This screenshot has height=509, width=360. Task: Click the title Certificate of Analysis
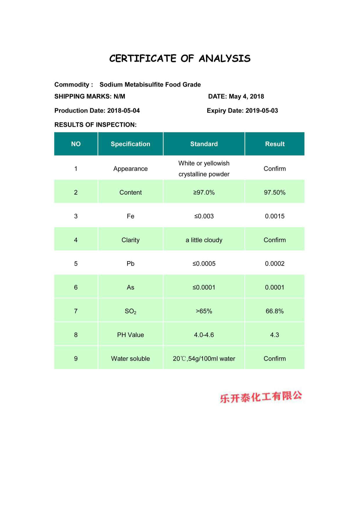[x=180, y=58]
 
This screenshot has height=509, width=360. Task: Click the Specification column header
[x=130, y=144]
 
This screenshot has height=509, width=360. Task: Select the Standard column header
[x=204, y=144]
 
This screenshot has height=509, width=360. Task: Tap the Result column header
[x=275, y=144]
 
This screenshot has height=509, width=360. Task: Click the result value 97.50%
[x=275, y=192]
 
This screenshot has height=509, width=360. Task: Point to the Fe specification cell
[x=130, y=216]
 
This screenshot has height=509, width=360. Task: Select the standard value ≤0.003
[x=204, y=216]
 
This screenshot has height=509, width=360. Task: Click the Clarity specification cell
[x=130, y=240]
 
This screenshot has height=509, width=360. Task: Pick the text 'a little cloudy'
[x=204, y=240]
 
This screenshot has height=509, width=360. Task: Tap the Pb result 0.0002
[x=275, y=263]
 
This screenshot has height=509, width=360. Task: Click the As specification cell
[x=130, y=287]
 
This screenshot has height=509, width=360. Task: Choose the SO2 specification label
[x=130, y=311]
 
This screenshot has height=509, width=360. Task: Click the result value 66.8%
[x=275, y=311]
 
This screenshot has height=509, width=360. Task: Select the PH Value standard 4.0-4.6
[x=204, y=335]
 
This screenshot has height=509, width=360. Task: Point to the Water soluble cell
[x=130, y=359]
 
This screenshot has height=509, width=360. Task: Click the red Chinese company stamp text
[x=261, y=397]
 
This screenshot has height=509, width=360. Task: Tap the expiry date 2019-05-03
[x=262, y=111]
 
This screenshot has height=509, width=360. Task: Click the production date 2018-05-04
[x=123, y=111]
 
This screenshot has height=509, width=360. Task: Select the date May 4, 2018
[x=246, y=96]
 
